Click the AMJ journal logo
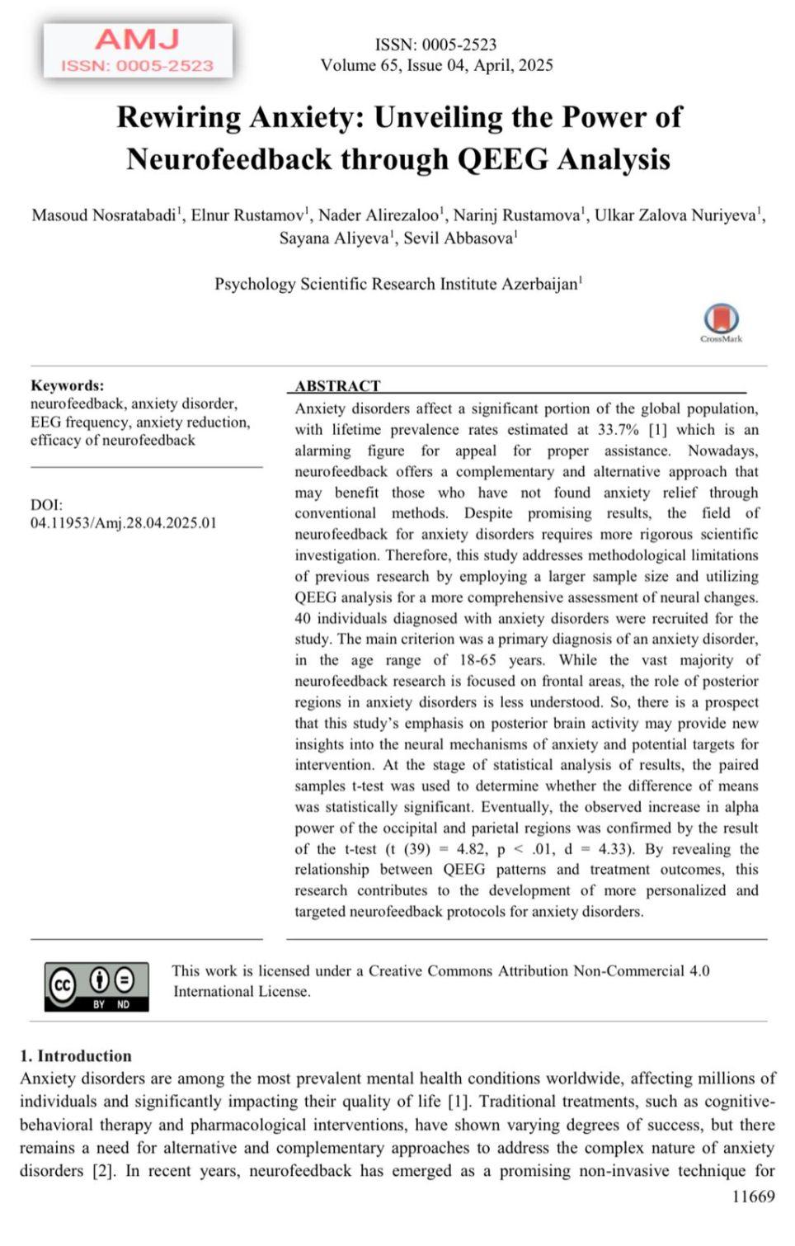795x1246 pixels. pyautogui.click(x=138, y=50)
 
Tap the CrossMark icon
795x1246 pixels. pyautogui.click(x=721, y=319)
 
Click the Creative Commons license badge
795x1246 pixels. pyautogui.click(x=97, y=986)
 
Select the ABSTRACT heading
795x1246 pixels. pyautogui.click(x=338, y=385)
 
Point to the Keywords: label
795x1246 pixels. pyautogui.click(x=68, y=385)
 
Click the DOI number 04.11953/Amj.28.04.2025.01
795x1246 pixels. pyautogui.click(x=124, y=523)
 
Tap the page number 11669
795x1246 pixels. pyautogui.click(x=753, y=1196)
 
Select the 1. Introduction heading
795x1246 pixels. pyautogui.click(x=76, y=1056)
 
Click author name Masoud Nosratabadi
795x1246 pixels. pyautogui.click(x=104, y=215)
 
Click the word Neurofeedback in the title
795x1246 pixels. pyautogui.click(x=228, y=158)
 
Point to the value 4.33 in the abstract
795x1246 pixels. pyautogui.click(x=614, y=849)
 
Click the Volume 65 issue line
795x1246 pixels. pyautogui.click(x=436, y=65)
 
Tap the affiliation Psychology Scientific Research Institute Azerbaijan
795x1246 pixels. pyautogui.click(x=397, y=284)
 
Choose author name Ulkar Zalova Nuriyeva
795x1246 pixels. pyautogui.click(x=676, y=215)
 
